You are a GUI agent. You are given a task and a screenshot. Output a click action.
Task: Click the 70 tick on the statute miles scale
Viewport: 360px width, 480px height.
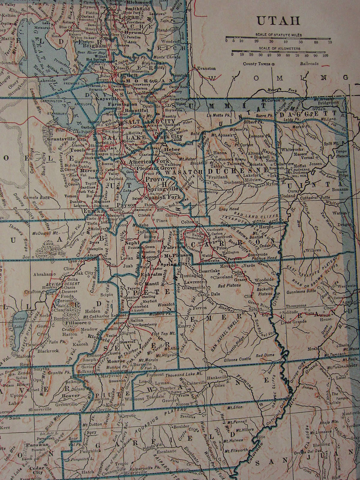[x=330, y=42]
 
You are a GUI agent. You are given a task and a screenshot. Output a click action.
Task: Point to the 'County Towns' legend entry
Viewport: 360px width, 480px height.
[x=256, y=64]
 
